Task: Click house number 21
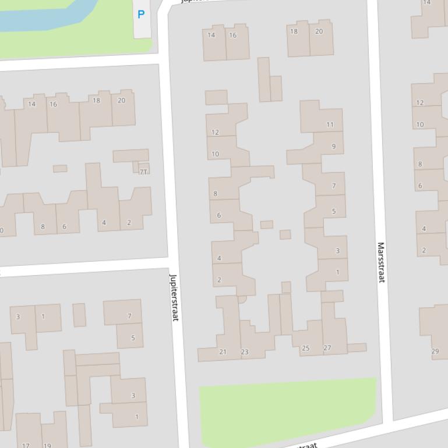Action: point(223,351)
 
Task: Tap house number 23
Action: point(245,351)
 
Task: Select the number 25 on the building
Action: point(305,348)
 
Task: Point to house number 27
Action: point(327,348)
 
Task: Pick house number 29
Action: point(435,351)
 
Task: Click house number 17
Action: point(26,445)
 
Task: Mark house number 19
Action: point(47,445)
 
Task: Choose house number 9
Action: point(334,146)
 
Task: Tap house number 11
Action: point(330,124)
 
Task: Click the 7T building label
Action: point(143,172)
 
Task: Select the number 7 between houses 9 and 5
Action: point(334,186)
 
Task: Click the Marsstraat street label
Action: point(381,262)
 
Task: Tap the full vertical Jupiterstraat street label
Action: point(173,297)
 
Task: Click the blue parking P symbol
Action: point(141,15)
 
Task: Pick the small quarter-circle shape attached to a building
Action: point(242,299)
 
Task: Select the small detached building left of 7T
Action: point(60,169)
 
